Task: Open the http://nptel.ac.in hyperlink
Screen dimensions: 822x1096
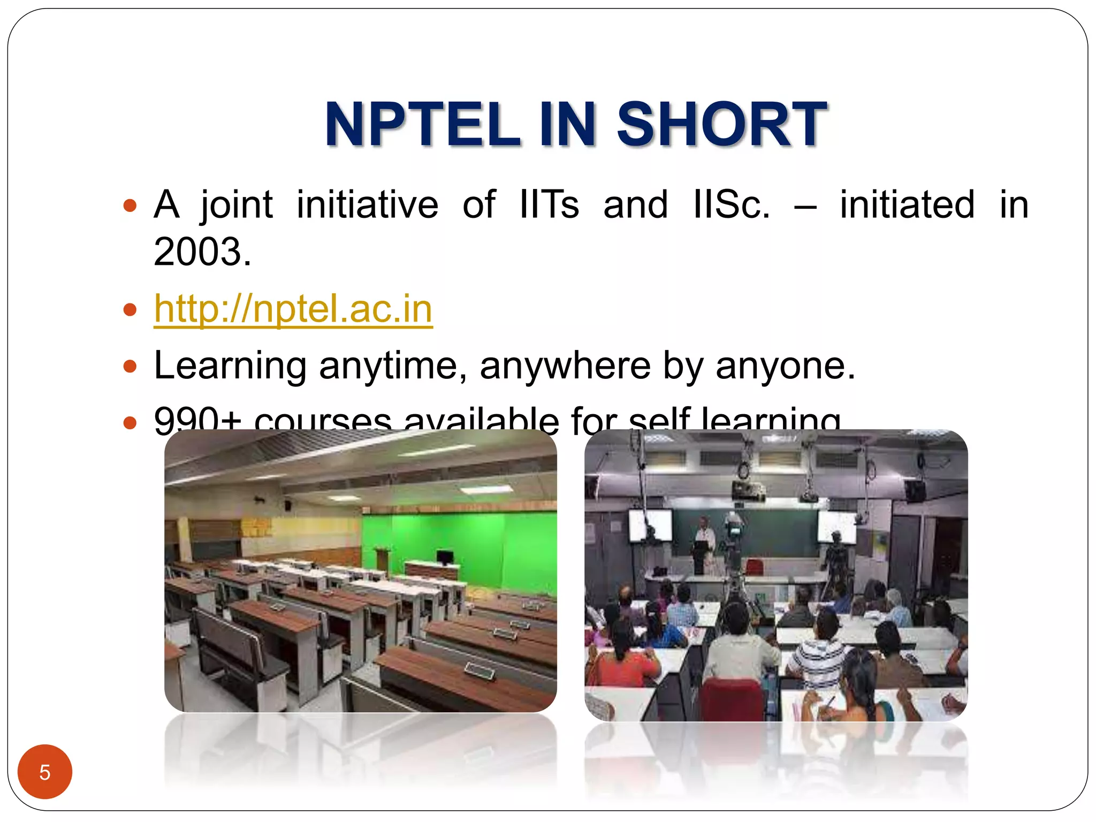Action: (293, 309)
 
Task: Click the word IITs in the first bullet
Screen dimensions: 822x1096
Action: (549, 204)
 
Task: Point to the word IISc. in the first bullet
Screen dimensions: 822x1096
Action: (731, 204)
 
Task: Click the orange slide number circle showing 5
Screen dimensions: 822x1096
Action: (45, 772)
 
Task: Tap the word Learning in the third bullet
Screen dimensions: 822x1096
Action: (230, 366)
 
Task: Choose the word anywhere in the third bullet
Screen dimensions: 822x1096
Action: (565, 366)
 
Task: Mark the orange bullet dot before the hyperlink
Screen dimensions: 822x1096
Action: (130, 309)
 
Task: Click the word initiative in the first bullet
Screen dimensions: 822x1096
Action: (367, 204)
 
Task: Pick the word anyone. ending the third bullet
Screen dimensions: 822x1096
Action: (785, 366)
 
